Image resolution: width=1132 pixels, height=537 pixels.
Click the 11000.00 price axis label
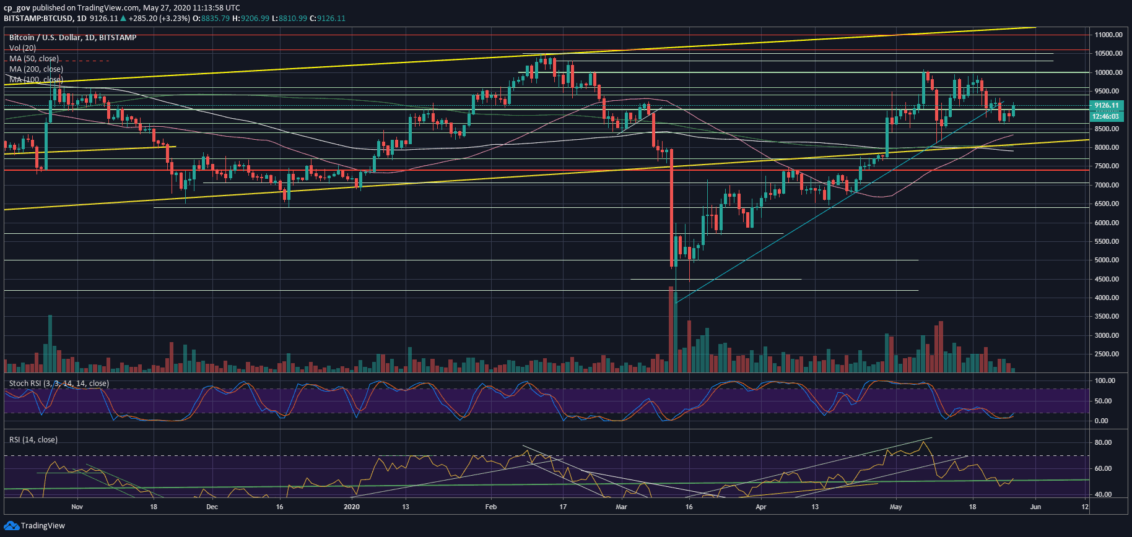[1108, 35]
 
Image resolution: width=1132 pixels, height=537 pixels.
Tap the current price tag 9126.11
[1106, 106]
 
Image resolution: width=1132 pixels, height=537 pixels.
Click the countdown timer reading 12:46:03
[1106, 116]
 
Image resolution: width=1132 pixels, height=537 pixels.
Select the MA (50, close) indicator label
[34, 59]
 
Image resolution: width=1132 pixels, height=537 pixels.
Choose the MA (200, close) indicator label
[36, 69]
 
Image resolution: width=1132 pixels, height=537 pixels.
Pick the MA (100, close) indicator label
[36, 80]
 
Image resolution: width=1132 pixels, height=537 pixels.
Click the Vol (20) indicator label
[22, 48]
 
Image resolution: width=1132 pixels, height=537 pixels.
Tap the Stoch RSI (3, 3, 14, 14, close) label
[59, 384]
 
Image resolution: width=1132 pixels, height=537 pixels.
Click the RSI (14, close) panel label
[33, 440]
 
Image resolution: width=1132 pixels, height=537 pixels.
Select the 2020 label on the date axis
[351, 507]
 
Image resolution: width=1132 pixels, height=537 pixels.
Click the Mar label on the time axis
[621, 507]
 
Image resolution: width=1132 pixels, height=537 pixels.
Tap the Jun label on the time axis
[1035, 507]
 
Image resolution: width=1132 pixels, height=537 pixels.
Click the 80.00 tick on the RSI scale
[1102, 442]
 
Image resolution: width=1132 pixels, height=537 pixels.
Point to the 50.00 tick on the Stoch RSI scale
[1105, 401]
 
